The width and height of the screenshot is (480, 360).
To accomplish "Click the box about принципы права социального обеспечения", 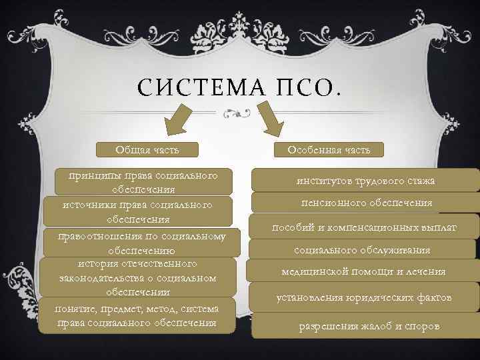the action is (x=147, y=181).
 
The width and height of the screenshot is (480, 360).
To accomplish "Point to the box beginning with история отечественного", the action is (x=137, y=276).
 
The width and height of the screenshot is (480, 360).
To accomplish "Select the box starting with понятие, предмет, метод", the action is (x=137, y=315).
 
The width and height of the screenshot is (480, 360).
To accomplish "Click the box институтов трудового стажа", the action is (x=366, y=181).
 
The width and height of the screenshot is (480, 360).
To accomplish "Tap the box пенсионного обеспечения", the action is (x=366, y=203).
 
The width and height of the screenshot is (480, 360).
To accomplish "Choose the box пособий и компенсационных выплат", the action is (x=364, y=227).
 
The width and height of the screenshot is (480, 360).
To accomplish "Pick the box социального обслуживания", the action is (x=362, y=250).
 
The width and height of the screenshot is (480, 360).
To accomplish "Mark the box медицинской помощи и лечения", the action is (x=363, y=271).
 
